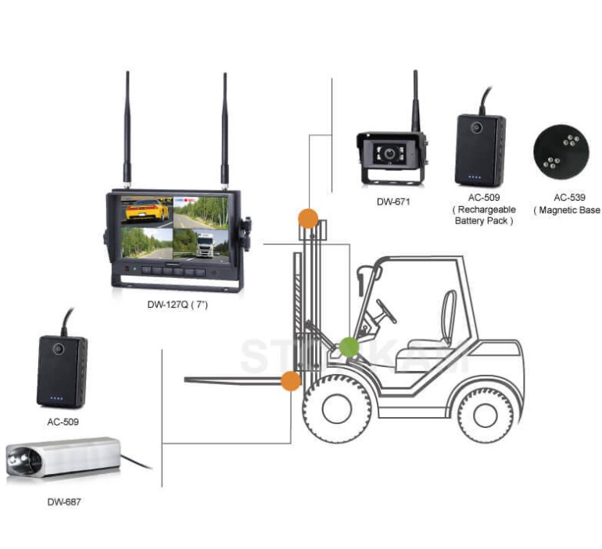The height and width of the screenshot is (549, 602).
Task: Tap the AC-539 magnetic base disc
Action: point(560,150)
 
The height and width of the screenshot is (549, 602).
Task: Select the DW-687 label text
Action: point(63,502)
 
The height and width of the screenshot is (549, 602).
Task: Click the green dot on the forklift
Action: point(349,346)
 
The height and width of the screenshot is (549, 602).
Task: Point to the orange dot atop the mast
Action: point(308,218)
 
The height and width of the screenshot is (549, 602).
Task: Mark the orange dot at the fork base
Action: point(290,380)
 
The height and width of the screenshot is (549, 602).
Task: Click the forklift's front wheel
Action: point(337,408)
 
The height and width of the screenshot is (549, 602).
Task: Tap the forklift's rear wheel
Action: point(485,408)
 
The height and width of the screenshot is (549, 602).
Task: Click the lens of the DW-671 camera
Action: point(389,155)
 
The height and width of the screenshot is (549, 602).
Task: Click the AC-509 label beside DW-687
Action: point(62,421)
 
